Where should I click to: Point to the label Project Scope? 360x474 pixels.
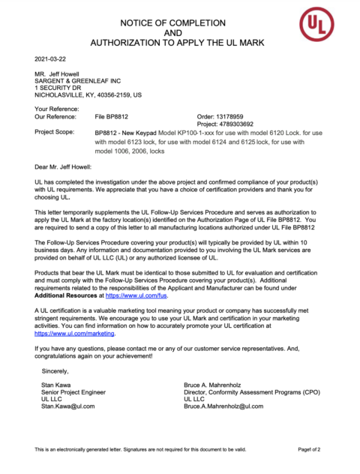[55, 133]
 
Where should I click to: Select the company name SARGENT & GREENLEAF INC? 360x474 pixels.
[77, 81]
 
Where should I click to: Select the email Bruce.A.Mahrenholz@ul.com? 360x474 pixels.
[224, 406]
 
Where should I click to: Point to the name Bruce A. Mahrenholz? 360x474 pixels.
[218, 384]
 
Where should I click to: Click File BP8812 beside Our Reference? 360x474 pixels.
[112, 117]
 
